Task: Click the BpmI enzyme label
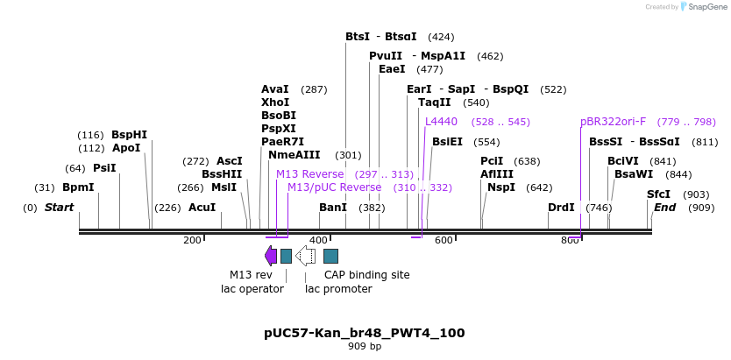click(x=78, y=187)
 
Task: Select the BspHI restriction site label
click(x=129, y=135)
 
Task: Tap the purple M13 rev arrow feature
click(x=271, y=255)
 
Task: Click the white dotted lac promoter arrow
click(x=305, y=255)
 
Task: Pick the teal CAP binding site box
click(x=330, y=256)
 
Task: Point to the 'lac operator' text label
click(x=252, y=289)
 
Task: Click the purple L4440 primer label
click(x=441, y=122)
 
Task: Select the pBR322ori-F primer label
click(x=613, y=122)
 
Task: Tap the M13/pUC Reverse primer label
click(x=334, y=187)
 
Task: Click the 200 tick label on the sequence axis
click(x=192, y=241)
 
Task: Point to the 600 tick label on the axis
click(x=444, y=241)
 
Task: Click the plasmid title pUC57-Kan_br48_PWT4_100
click(x=364, y=333)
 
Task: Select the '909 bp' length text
click(x=364, y=347)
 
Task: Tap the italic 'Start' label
click(x=59, y=208)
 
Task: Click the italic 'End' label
click(x=664, y=208)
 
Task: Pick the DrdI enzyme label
click(x=561, y=208)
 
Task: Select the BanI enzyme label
click(x=332, y=208)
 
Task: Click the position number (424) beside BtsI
click(x=441, y=37)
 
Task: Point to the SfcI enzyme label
click(x=658, y=194)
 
